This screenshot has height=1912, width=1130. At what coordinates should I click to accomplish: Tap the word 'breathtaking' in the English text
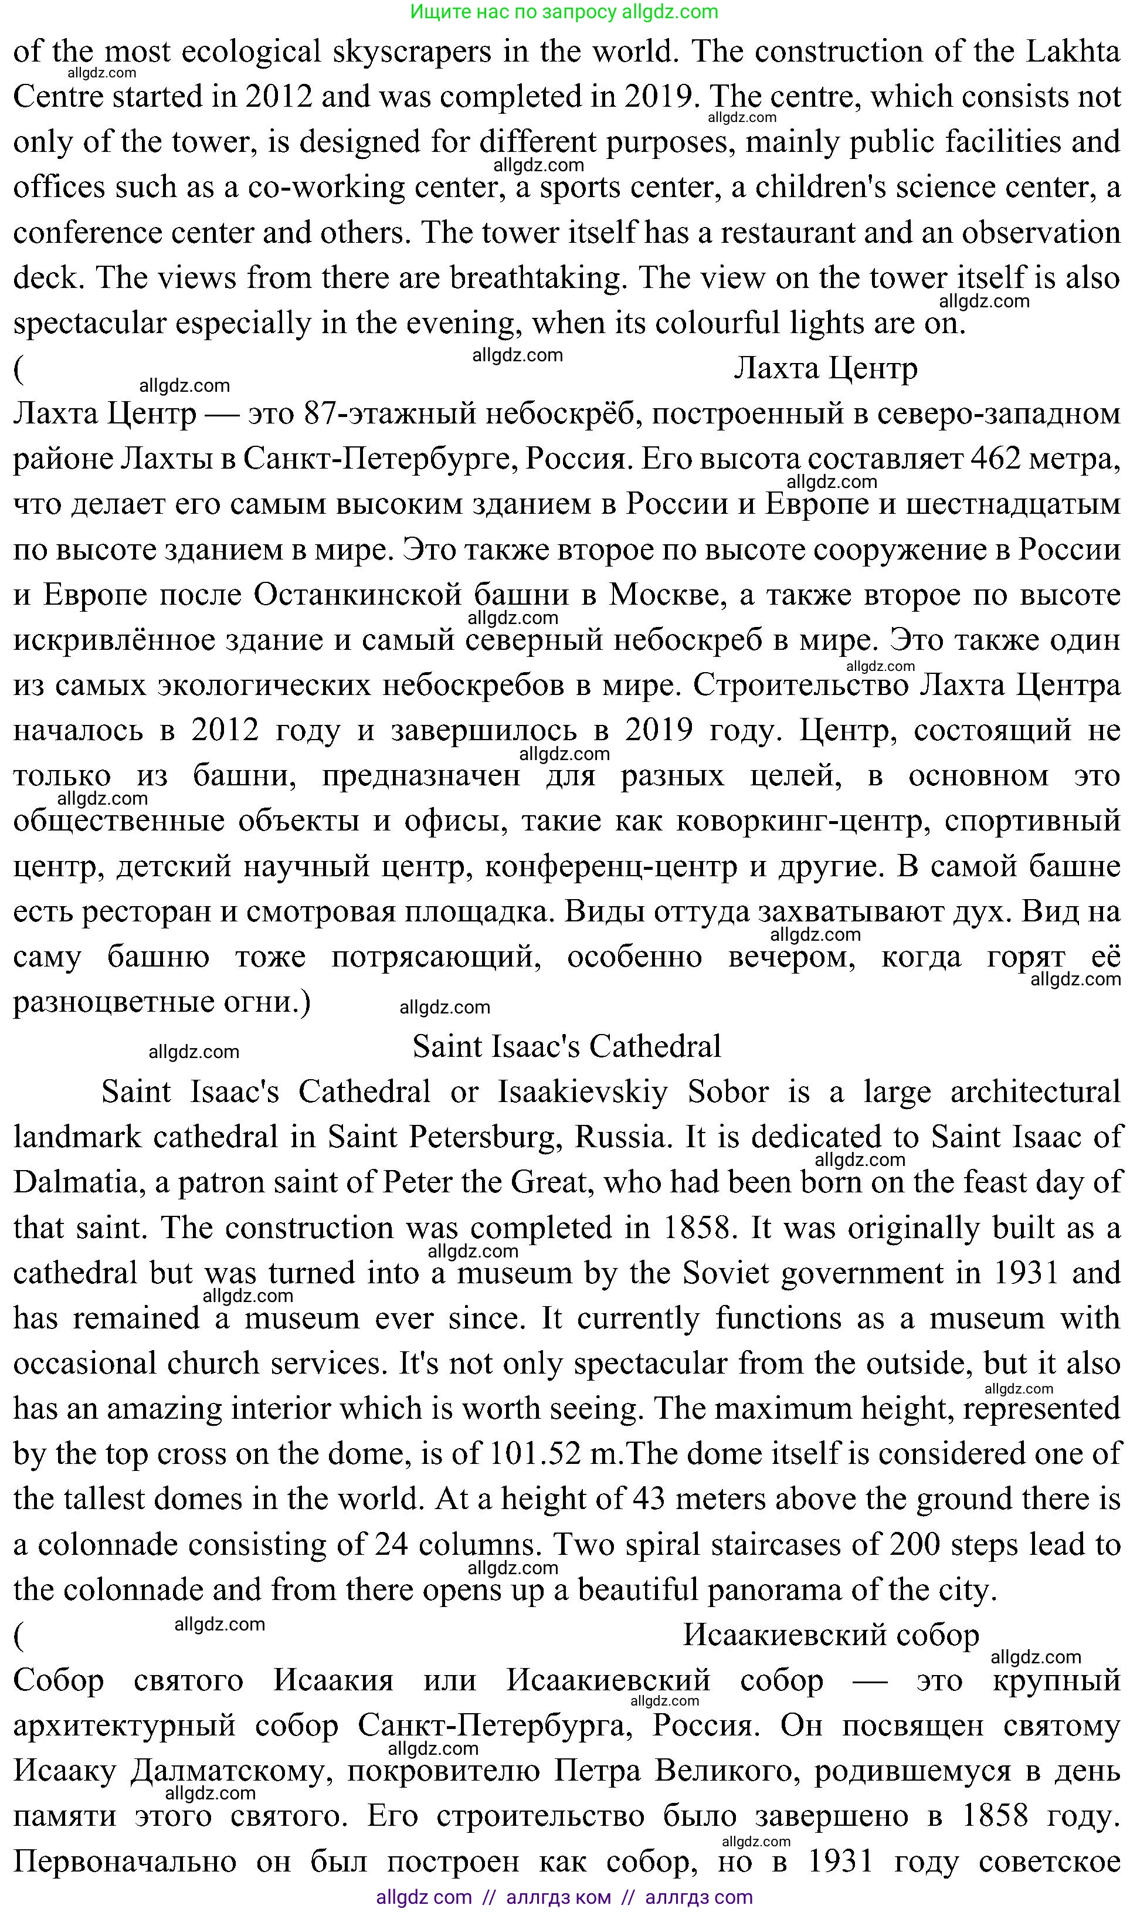538,278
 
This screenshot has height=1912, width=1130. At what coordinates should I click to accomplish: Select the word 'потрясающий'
436,957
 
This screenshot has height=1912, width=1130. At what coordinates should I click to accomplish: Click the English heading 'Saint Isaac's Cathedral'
566,1047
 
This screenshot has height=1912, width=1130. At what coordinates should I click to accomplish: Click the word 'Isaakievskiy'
582,1092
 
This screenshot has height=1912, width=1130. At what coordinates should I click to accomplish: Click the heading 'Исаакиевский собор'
830,1635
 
